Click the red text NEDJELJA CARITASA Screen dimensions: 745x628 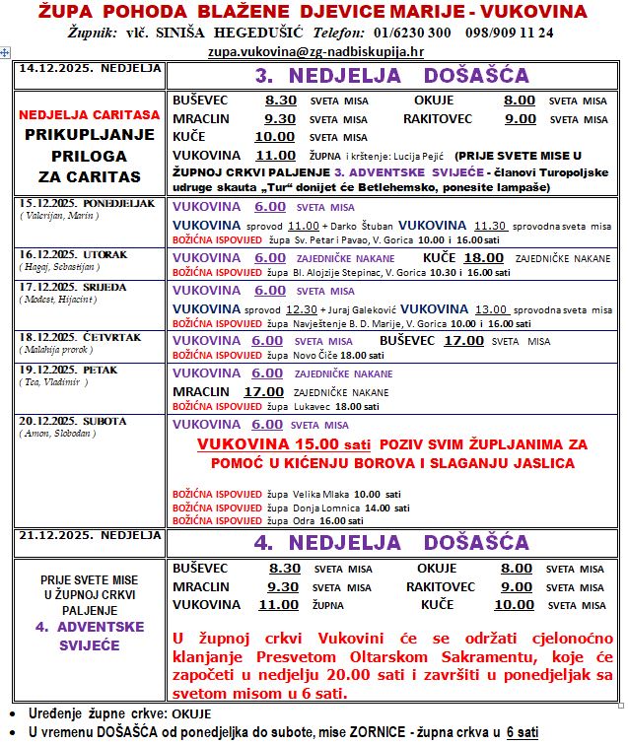click(x=88, y=116)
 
